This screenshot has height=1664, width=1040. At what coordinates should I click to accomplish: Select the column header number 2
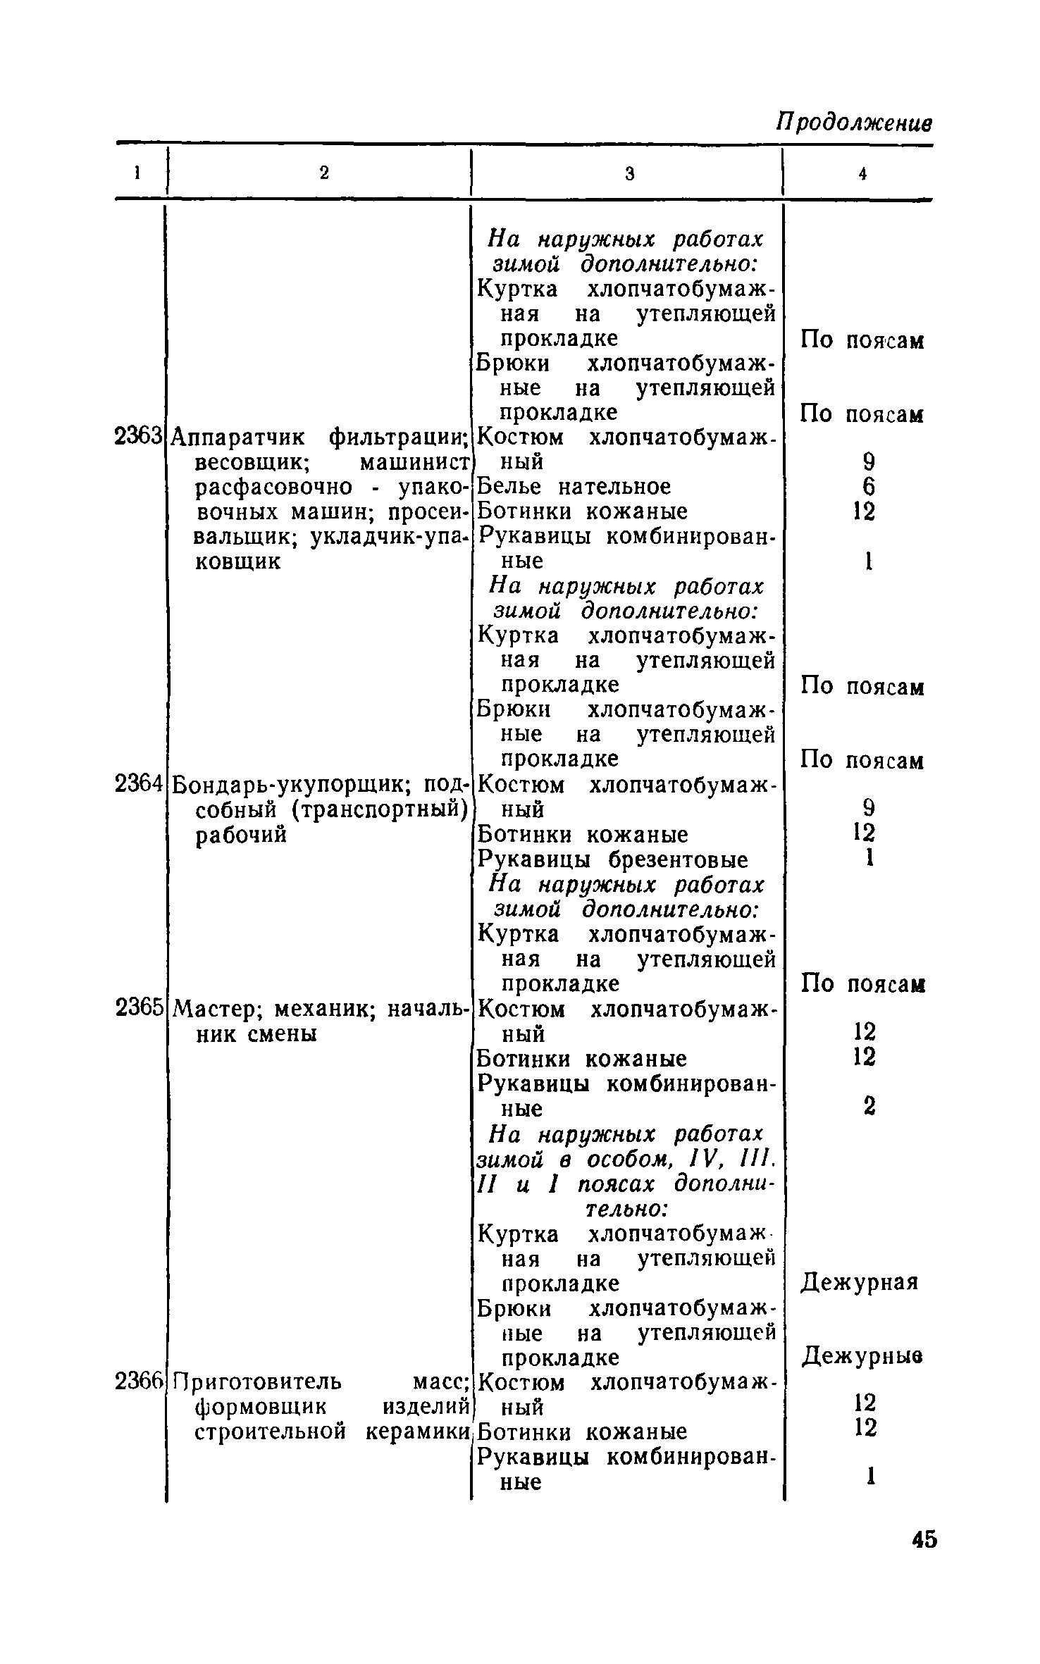point(323,173)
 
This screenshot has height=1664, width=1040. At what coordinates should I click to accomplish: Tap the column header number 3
point(630,173)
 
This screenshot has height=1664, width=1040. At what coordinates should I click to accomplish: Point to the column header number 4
point(862,174)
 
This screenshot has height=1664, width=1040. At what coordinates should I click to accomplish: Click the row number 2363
point(138,437)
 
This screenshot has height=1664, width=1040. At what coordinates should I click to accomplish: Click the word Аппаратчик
point(237,437)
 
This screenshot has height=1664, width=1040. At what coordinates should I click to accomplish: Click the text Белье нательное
point(574,487)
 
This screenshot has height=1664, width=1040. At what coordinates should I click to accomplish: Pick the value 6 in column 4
point(869,487)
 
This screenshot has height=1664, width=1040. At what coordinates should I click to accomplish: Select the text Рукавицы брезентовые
point(612,859)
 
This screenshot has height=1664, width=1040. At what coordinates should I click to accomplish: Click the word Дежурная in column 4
point(860,1283)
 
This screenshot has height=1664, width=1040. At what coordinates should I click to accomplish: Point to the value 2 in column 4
point(869,1106)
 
